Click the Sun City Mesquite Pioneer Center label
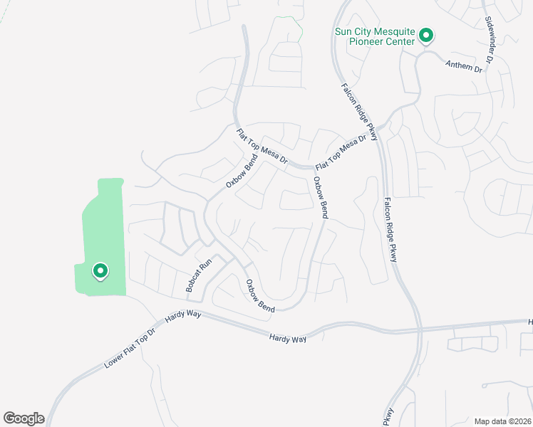point(375,36)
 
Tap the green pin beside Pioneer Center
point(426,34)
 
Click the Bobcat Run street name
point(200,276)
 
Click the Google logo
point(24,418)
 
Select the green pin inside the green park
point(100,270)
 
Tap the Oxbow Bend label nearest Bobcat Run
point(260,296)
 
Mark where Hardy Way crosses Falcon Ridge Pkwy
point(419,330)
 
